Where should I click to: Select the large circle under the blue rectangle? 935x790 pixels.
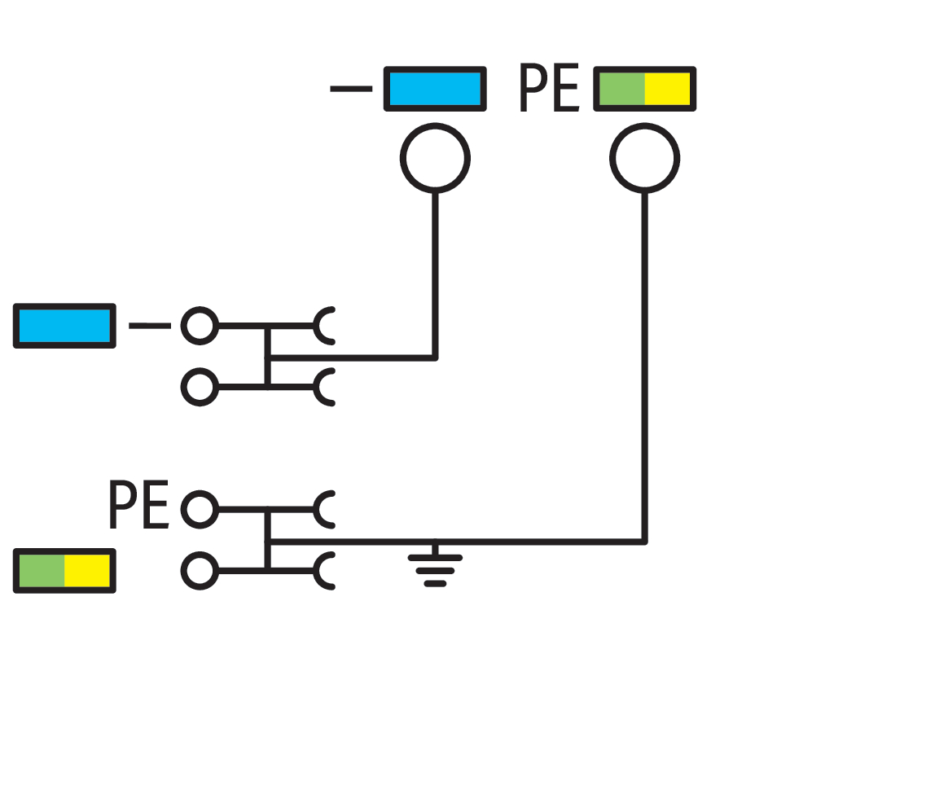coord(435,158)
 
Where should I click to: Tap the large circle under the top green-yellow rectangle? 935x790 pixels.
coord(644,158)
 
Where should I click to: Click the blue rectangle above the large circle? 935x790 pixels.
coord(435,89)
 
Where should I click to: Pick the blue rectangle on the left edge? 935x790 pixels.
coord(64,326)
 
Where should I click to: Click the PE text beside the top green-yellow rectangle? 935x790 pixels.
coord(549,90)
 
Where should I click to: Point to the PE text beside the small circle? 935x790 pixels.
coord(138,506)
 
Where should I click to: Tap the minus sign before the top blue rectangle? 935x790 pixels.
coord(351,89)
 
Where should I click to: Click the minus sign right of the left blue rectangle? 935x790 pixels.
coord(150,326)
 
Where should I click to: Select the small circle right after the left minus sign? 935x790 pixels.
coord(199,326)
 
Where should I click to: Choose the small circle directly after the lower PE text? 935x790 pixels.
coord(199,510)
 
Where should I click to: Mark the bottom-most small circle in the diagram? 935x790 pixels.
coord(199,571)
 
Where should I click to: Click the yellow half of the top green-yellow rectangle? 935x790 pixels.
coord(668,89)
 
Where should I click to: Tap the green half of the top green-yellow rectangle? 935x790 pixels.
coord(621,89)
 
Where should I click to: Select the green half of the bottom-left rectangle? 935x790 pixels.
coord(42,570)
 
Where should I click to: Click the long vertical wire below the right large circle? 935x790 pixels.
coord(644,366)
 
